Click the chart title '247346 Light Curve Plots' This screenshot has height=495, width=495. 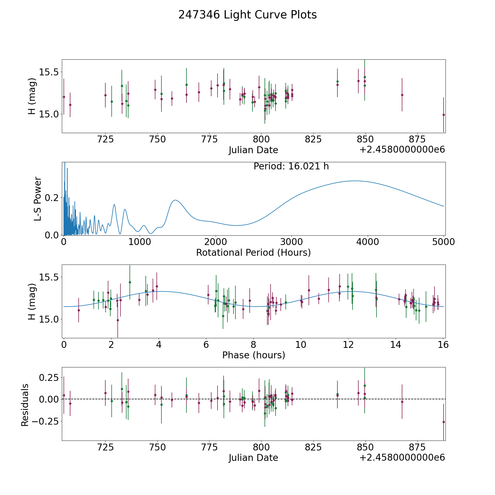coord(248,15)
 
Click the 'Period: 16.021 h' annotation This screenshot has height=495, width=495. coord(291,166)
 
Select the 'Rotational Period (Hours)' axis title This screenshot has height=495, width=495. coord(253,252)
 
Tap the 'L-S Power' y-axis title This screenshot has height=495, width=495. coord(38,199)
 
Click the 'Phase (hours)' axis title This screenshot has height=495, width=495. coord(253,355)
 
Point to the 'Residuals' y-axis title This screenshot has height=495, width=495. coord(25,405)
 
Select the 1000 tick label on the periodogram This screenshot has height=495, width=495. coord(139,242)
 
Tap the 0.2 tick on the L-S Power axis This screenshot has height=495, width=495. coord(53,197)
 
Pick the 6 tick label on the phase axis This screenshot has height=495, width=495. coord(206,345)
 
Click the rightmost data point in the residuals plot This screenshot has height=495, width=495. coord(443,422)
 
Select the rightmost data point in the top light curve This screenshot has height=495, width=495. coord(443,115)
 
